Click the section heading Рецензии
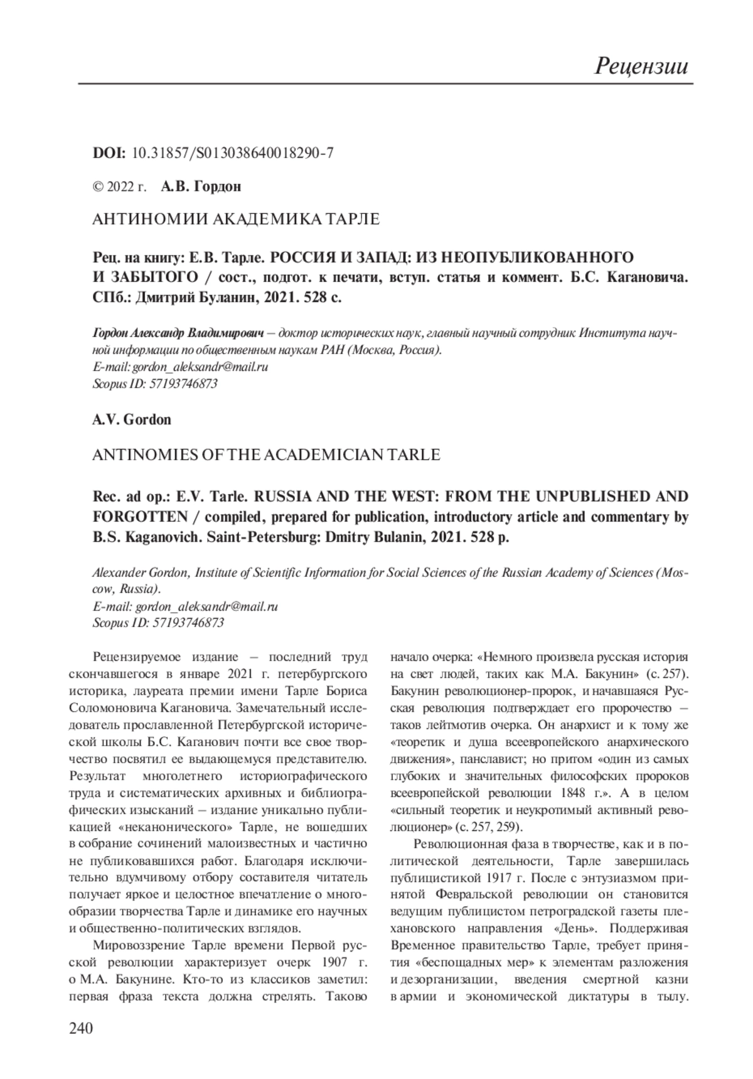click(x=641, y=65)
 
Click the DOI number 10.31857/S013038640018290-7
click(x=233, y=153)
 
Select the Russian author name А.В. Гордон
click(x=201, y=186)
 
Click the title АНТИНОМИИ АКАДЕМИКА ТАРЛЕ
click(x=236, y=219)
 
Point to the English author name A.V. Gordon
click(x=132, y=419)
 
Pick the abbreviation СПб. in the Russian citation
click(x=112, y=297)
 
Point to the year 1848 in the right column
click(x=580, y=793)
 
